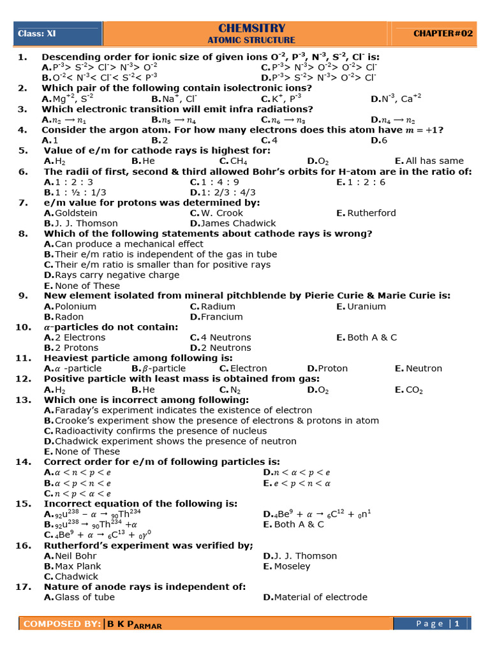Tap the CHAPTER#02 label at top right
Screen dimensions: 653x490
(x=443, y=33)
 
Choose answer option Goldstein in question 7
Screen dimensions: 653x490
(x=76, y=213)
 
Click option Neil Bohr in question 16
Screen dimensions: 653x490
(x=77, y=555)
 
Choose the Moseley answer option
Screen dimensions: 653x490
(x=292, y=566)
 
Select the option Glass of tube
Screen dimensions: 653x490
(x=85, y=597)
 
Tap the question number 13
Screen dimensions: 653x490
(x=23, y=400)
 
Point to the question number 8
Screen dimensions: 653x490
(x=23, y=233)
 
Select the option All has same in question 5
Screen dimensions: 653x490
(x=434, y=161)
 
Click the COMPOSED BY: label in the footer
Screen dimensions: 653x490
(x=61, y=624)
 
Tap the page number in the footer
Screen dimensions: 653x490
(x=457, y=624)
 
